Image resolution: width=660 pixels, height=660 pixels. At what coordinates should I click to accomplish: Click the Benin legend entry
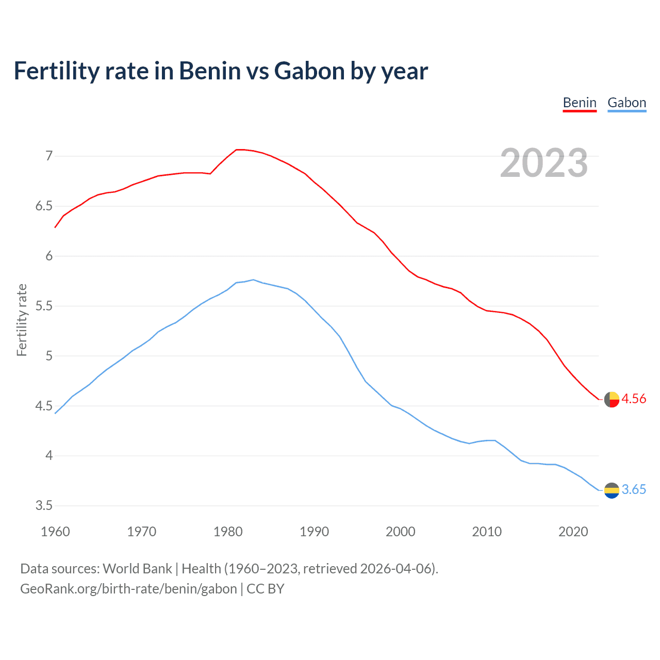pyautogui.click(x=580, y=103)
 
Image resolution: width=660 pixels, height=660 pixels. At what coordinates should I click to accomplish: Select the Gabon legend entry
pyautogui.click(x=626, y=103)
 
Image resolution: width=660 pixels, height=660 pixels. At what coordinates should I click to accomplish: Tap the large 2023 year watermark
pyautogui.click(x=544, y=163)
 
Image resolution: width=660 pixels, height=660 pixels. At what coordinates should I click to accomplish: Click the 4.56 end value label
pyautogui.click(x=634, y=399)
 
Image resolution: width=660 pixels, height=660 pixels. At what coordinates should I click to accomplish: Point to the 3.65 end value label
pyautogui.click(x=634, y=489)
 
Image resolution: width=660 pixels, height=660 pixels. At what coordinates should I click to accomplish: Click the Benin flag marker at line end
pyautogui.click(x=612, y=399)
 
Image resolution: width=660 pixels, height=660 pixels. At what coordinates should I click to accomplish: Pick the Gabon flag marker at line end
pyautogui.click(x=612, y=490)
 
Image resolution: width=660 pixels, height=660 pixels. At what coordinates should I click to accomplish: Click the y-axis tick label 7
pyautogui.click(x=49, y=156)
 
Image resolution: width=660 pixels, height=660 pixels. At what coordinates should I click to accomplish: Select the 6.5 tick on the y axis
pyautogui.click(x=44, y=206)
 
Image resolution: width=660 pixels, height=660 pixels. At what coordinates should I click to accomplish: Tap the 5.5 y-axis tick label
pyautogui.click(x=44, y=306)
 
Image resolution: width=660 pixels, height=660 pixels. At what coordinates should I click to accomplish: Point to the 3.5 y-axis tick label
pyautogui.click(x=44, y=506)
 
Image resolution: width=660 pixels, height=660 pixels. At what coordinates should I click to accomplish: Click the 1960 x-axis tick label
pyautogui.click(x=55, y=532)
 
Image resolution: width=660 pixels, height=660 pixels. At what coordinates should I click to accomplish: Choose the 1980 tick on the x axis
pyautogui.click(x=228, y=532)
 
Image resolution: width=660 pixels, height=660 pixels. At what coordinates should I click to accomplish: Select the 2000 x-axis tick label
pyautogui.click(x=400, y=532)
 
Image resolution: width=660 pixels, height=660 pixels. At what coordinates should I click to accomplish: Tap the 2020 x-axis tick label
pyautogui.click(x=573, y=532)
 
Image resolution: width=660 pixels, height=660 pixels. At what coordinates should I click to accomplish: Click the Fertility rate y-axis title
pyautogui.click(x=22, y=320)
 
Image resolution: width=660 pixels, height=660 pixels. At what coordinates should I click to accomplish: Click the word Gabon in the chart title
pyautogui.click(x=309, y=71)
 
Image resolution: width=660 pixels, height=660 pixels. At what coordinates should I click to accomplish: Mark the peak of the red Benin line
pyautogui.click(x=239, y=150)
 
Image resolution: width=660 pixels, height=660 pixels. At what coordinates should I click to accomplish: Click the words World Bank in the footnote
pyautogui.click(x=137, y=569)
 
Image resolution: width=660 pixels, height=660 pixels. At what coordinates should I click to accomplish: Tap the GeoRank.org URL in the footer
pyautogui.click(x=128, y=589)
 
